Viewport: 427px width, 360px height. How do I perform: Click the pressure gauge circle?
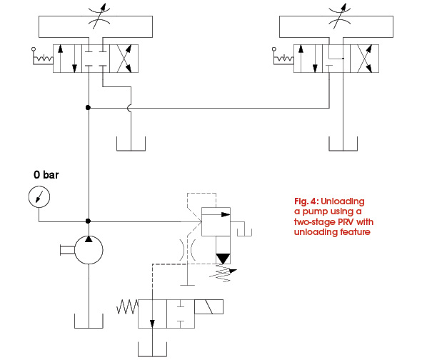click(39, 196)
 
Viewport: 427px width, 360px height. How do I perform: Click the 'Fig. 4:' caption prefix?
click(308, 199)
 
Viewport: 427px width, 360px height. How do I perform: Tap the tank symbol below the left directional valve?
click(131, 146)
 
